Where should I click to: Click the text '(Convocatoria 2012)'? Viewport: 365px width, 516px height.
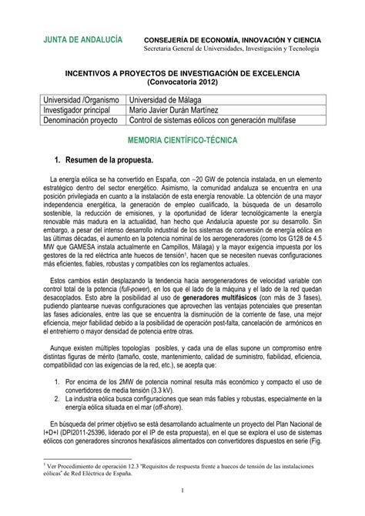tap(182, 82)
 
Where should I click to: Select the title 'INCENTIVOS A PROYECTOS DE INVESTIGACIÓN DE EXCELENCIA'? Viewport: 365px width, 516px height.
tap(182, 73)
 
